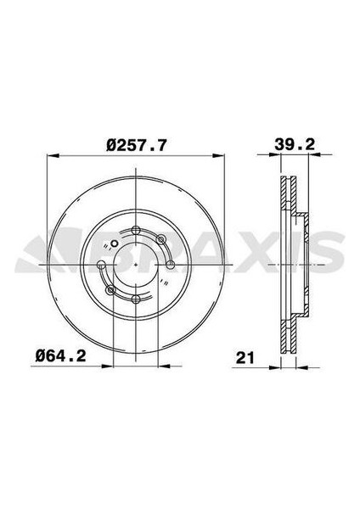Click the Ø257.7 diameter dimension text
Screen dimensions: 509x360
pos(136,145)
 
